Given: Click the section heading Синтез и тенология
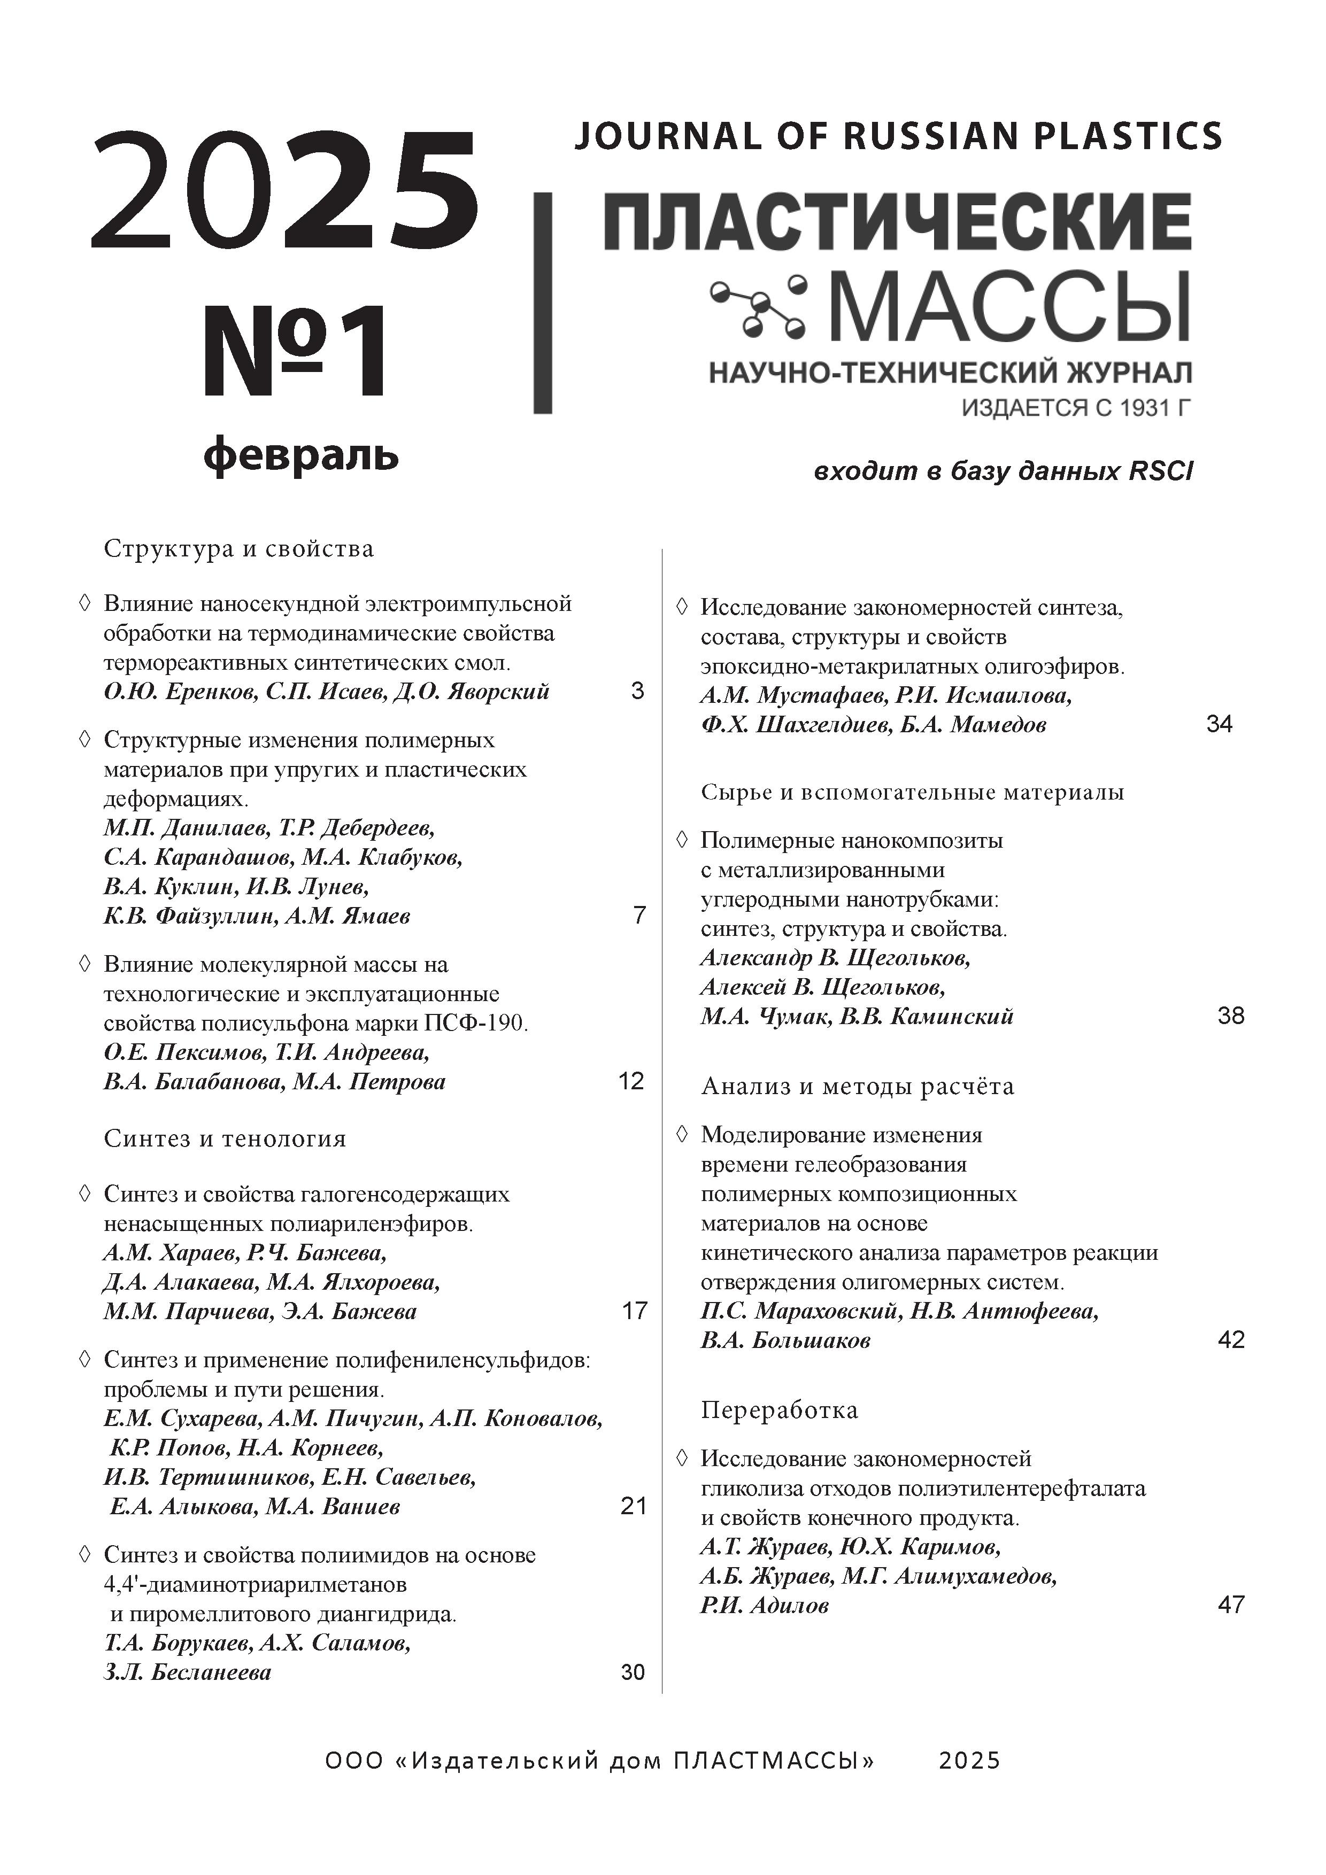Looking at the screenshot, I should coord(225,1139).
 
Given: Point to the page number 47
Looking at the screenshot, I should coord(1230,1605).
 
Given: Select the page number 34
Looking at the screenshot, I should coord(1219,724).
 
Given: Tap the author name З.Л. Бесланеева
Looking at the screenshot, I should coord(187,1672).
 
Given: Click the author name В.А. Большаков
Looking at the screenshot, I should coord(785,1340).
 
